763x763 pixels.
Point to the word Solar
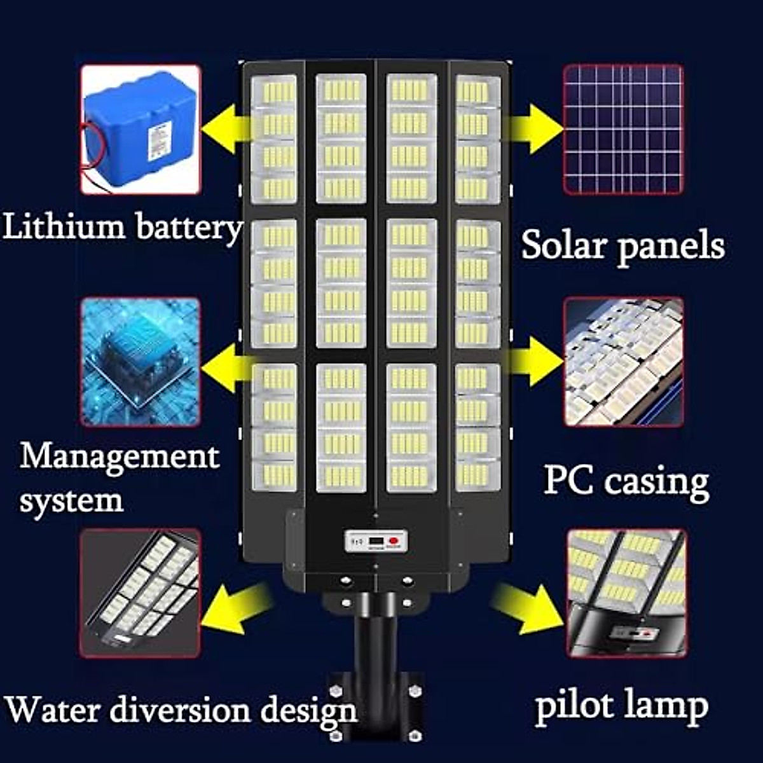(565, 245)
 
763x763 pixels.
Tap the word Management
(120, 457)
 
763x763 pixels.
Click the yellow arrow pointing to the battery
(223, 128)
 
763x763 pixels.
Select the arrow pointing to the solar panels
(538, 128)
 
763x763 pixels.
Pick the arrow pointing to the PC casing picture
(538, 363)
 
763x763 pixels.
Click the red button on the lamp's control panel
(394, 542)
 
